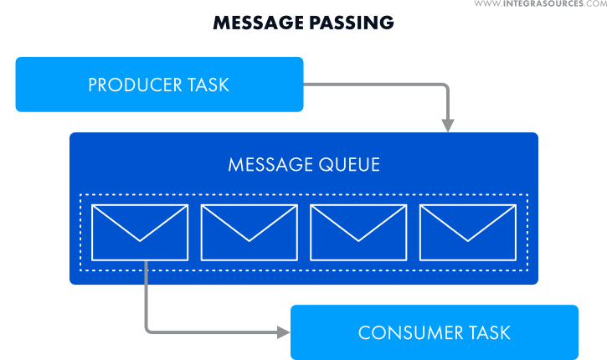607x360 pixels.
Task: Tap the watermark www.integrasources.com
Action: point(540,5)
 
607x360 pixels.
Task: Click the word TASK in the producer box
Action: point(208,85)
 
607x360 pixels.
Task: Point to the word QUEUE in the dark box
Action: point(348,164)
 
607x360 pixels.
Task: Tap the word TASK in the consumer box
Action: point(489,332)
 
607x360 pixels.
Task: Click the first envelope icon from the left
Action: point(140,232)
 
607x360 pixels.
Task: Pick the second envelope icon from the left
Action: point(249,232)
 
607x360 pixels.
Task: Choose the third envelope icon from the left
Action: point(358,232)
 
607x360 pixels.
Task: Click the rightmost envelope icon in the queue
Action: point(467,232)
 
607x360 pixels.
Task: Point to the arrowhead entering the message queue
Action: point(448,125)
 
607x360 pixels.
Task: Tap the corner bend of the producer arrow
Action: point(447,85)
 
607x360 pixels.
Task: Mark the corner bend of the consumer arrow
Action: point(147,332)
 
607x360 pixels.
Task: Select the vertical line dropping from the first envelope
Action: point(147,293)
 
